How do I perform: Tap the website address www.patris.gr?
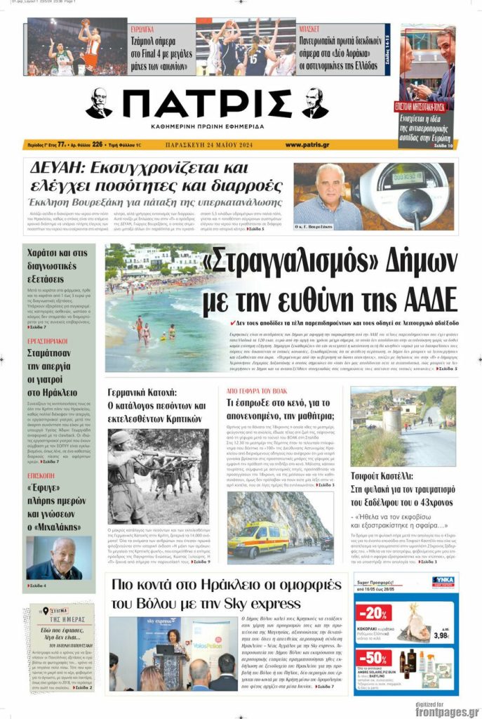[x=307, y=145]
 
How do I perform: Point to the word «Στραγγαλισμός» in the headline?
[x=280, y=265]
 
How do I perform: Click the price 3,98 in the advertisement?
[x=441, y=635]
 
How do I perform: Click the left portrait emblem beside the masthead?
[x=99, y=104]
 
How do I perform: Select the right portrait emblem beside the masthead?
[x=315, y=104]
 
